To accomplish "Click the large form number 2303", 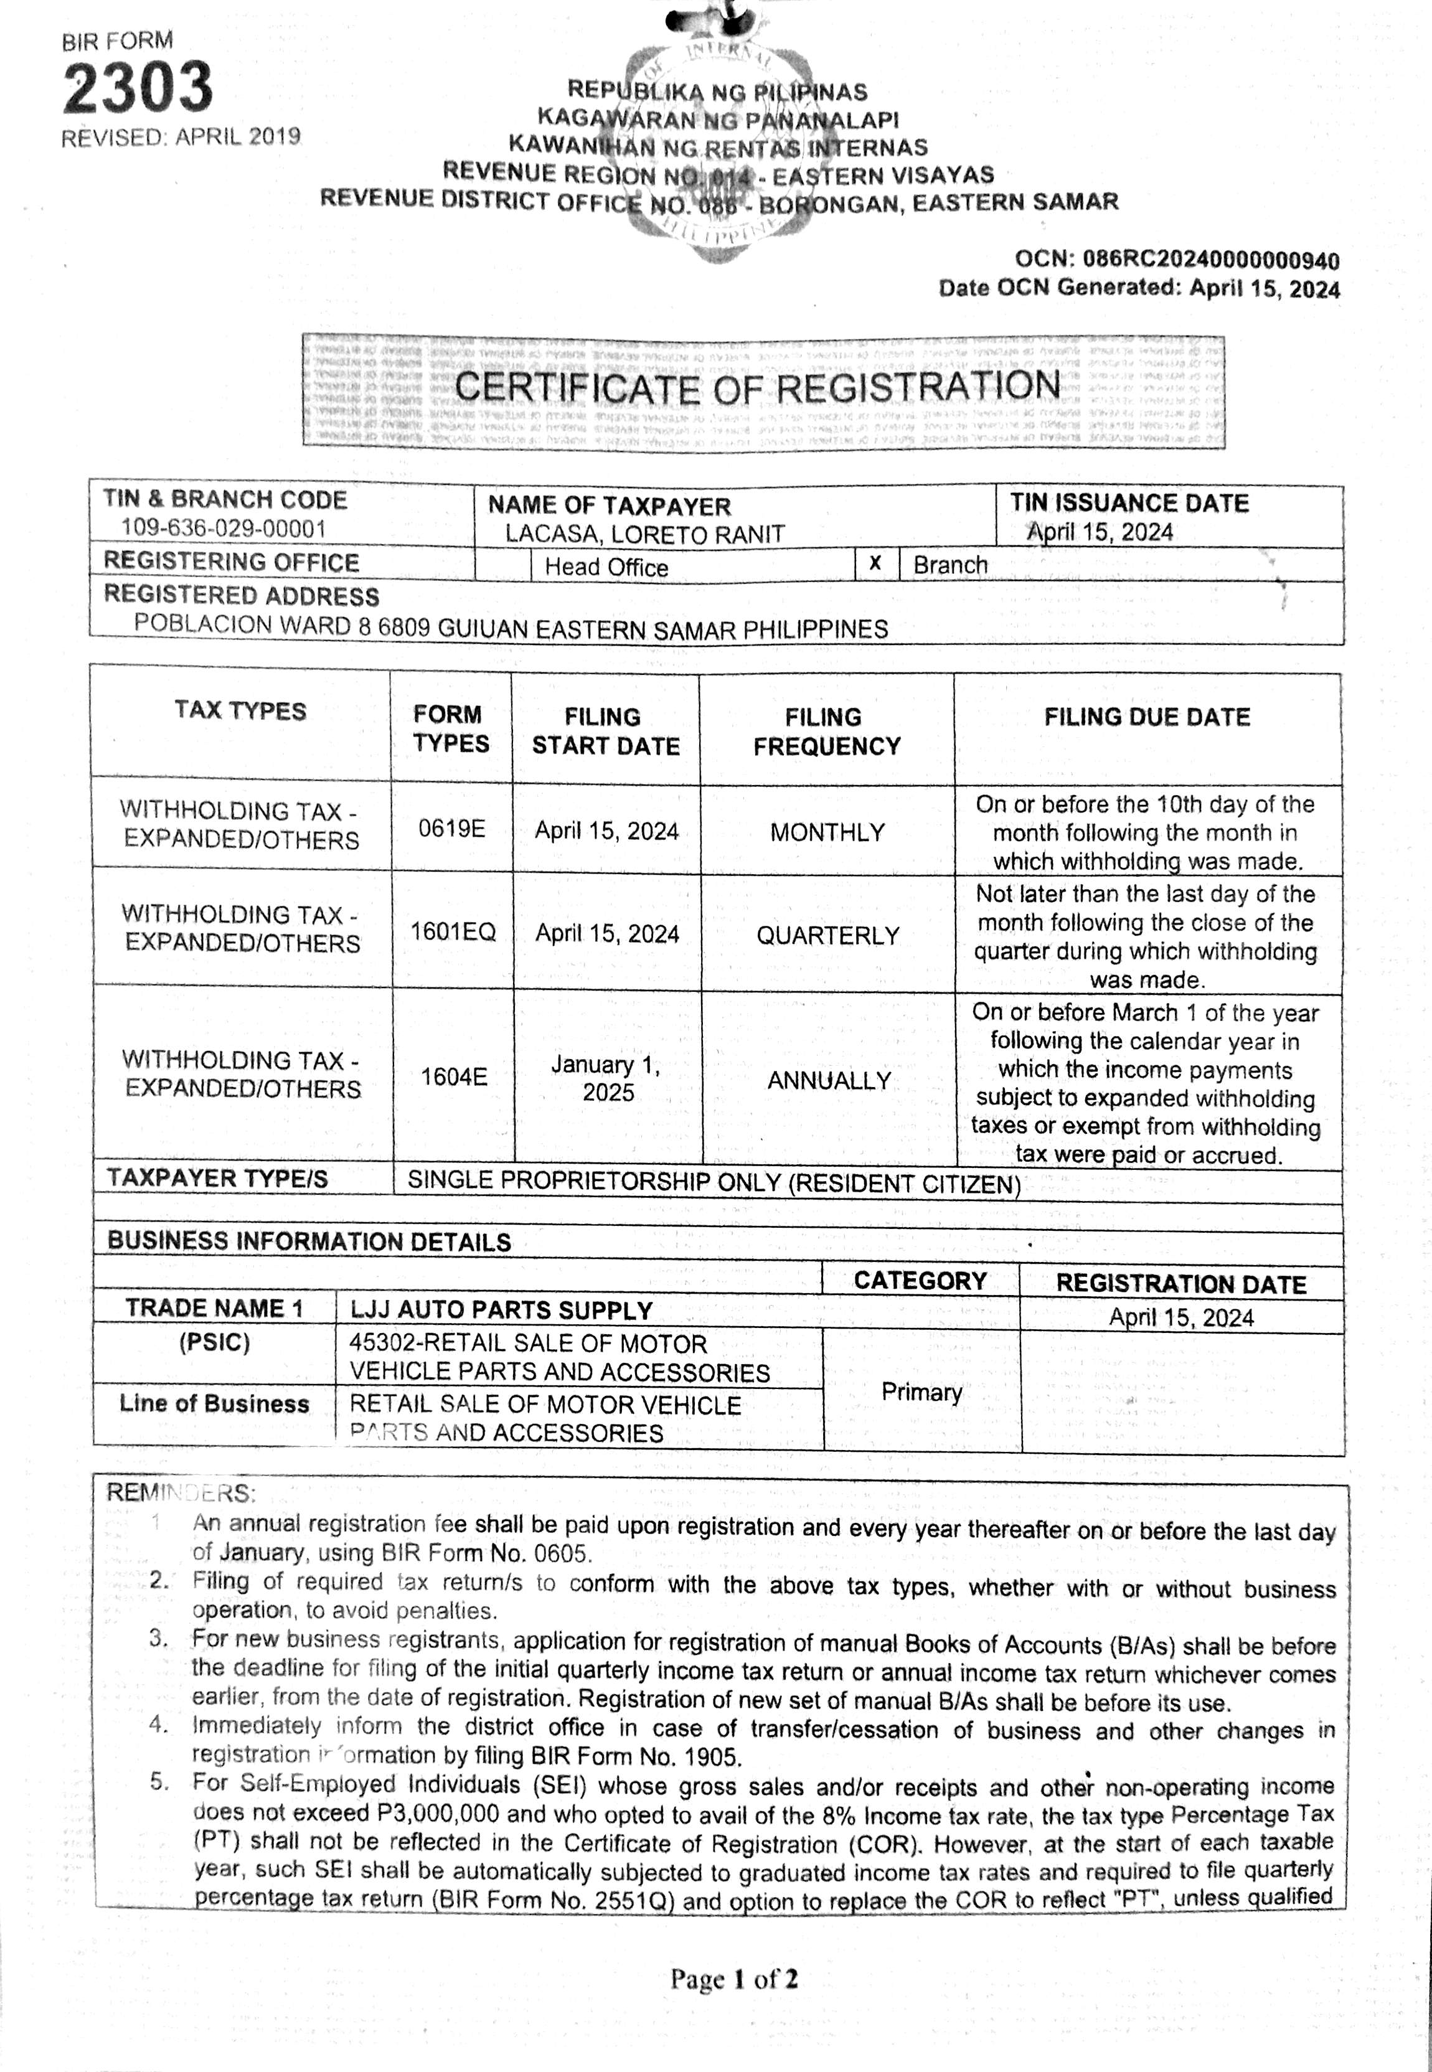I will (137, 87).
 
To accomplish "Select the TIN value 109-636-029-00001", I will (224, 529).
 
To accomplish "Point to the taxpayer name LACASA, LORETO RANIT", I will (644, 534).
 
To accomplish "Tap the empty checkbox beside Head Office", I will (502, 565).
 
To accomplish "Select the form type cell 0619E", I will (451, 827).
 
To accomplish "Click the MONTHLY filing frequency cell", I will (827, 832).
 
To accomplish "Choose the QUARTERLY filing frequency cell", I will (827, 935).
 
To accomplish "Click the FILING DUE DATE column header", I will (1147, 716).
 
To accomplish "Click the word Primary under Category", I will (921, 1392).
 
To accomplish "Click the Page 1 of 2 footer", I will (734, 1978).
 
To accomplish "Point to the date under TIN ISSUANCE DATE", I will (1100, 532).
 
